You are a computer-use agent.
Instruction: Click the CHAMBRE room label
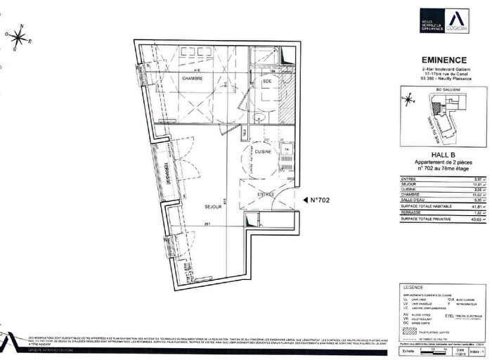coord(173,79)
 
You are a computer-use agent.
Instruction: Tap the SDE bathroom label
coord(267,82)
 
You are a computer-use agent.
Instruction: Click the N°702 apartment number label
coord(321,200)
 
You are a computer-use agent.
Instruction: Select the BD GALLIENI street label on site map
coord(443,91)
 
